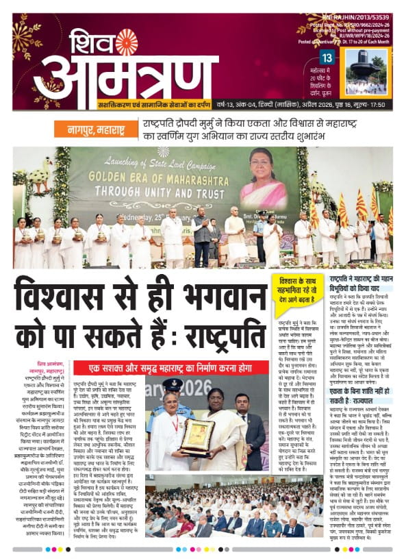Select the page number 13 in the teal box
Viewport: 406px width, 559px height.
(327, 58)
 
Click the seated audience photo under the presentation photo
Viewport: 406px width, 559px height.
(206, 511)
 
